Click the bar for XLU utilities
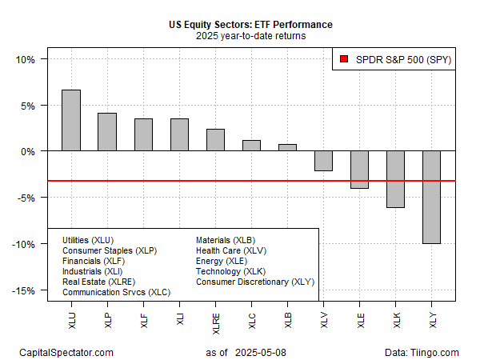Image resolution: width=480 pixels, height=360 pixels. [71, 120]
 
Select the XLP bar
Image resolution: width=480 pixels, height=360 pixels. [107, 132]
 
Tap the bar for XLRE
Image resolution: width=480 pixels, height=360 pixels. [215, 140]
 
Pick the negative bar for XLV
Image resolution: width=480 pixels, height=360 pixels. [323, 161]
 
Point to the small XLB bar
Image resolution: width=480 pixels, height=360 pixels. [287, 147]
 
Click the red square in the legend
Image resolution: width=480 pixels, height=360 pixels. [343, 59]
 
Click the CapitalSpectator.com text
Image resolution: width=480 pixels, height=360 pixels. [66, 352]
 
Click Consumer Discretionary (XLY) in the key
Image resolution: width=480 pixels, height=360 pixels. [255, 282]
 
